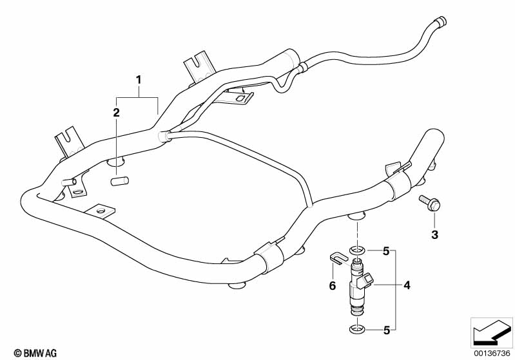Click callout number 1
click(137, 80)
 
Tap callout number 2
click(117, 113)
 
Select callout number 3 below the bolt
click(434, 235)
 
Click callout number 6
click(333, 285)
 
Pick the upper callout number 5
click(385, 251)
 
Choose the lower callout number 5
click(385, 330)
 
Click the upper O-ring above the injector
click(356, 249)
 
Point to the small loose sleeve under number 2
click(117, 182)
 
